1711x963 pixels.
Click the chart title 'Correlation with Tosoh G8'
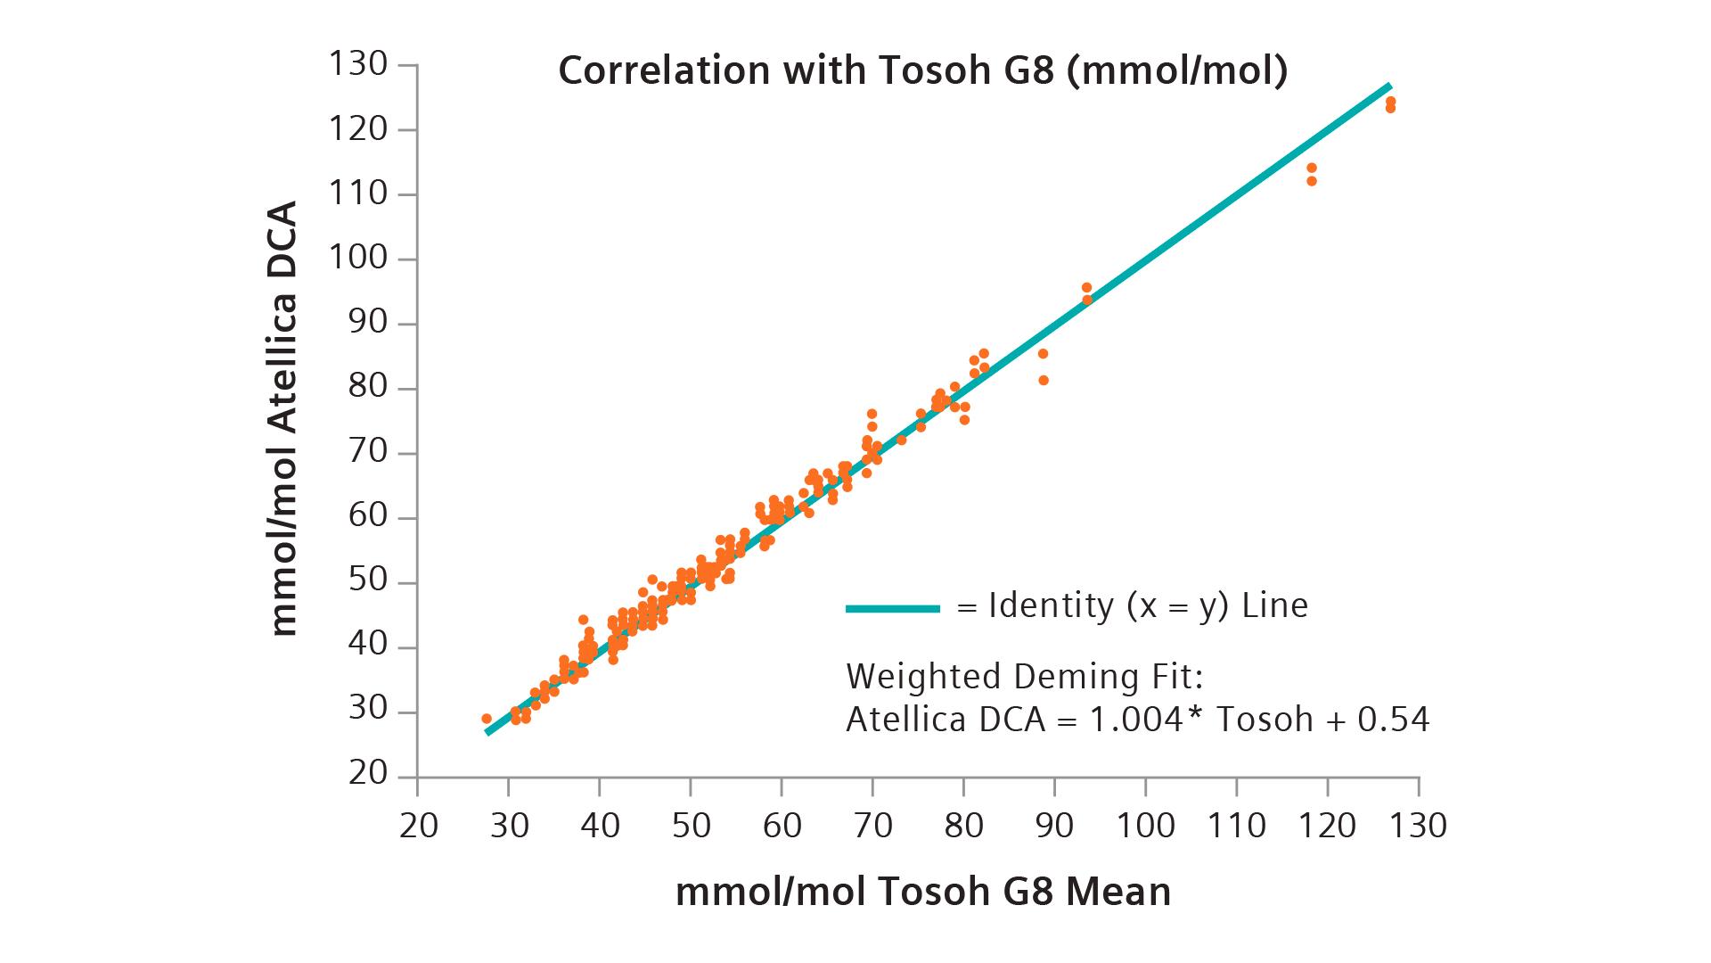pos(922,71)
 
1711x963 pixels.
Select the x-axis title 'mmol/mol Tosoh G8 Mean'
pos(923,892)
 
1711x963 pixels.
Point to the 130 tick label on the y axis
pos(357,65)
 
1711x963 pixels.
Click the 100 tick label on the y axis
pos(357,259)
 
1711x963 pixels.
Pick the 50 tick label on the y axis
pos(368,583)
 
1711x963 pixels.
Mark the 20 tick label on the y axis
pos(368,774)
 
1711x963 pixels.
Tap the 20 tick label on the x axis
pos(418,826)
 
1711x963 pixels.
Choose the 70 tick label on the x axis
pos(872,826)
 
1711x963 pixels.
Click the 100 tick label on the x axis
pos(1145,826)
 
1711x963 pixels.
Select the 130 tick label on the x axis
pos(1418,826)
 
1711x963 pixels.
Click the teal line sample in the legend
pos(892,609)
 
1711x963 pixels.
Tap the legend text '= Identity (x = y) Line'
pos(1132,606)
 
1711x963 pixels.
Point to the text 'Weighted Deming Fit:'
pos(1025,678)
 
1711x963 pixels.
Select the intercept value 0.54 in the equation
pos(1393,720)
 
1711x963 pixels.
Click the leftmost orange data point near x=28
pos(487,719)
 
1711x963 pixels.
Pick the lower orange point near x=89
pos(1044,381)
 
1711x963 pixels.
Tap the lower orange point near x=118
pos(1312,181)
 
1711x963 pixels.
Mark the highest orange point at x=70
pos(872,414)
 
